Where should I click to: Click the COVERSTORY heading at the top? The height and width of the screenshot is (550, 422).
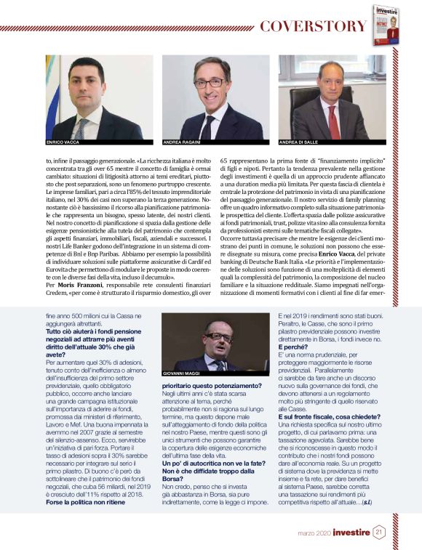coord(313,27)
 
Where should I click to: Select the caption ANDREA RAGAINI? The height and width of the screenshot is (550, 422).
coord(181,143)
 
